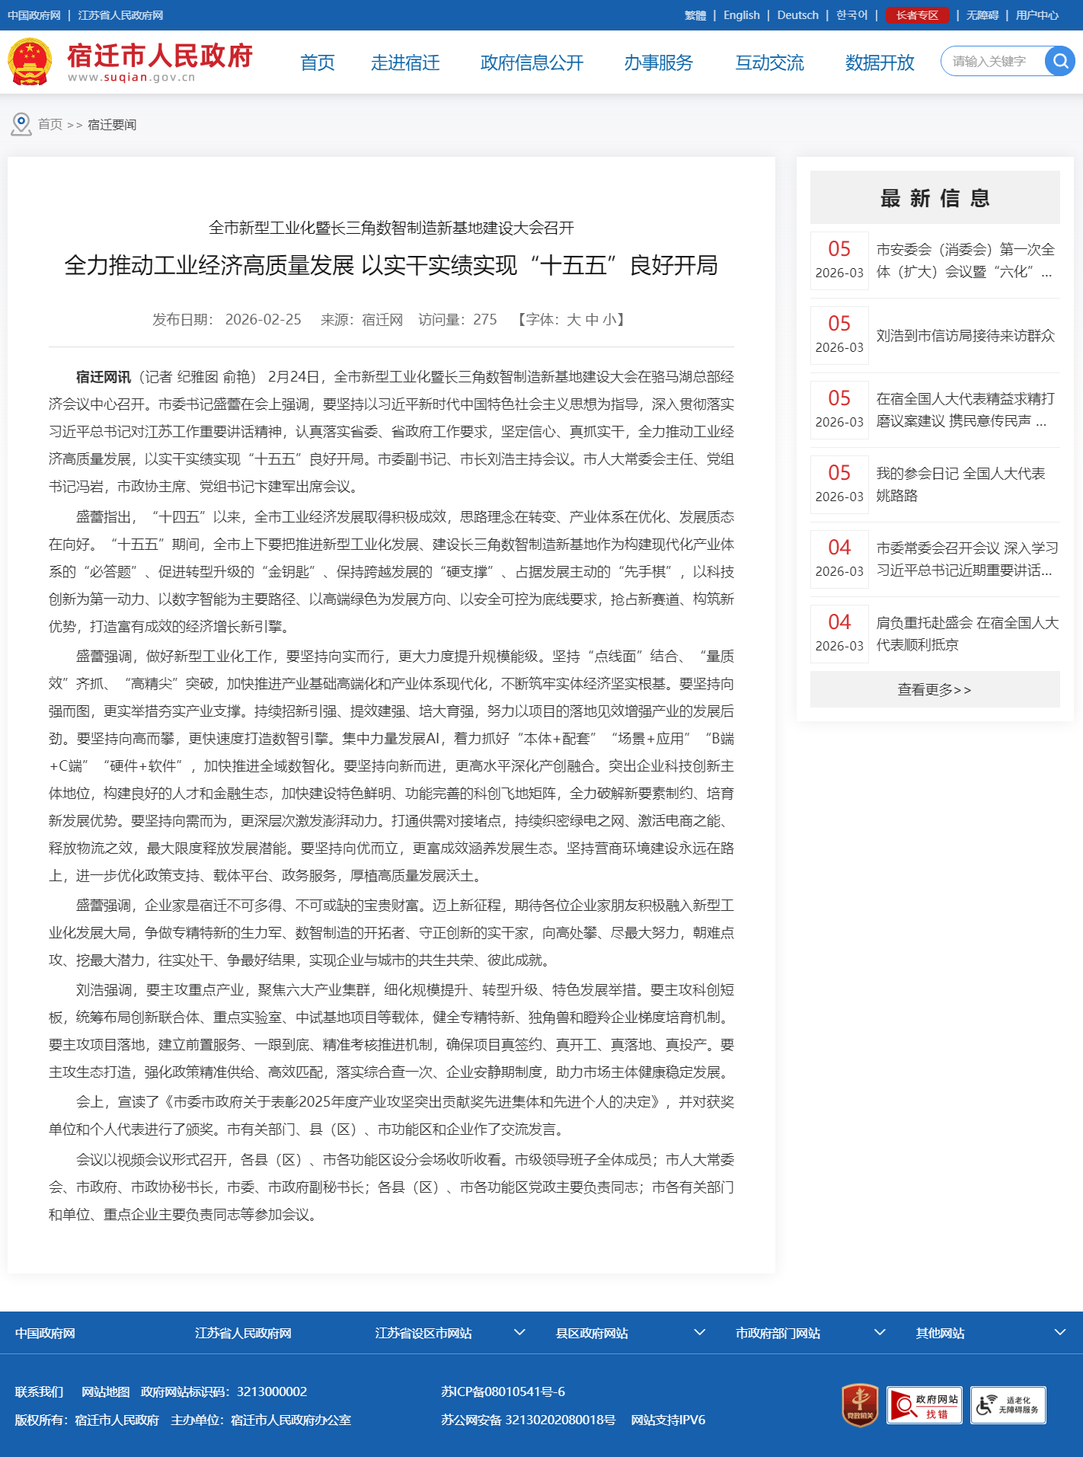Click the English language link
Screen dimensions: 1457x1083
click(741, 15)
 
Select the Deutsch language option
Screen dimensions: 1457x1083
click(797, 15)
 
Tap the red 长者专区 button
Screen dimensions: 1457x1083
click(917, 15)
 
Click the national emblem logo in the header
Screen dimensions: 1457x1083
click(30, 62)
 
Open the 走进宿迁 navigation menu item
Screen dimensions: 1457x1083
click(405, 62)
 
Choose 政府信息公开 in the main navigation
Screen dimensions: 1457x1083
click(532, 62)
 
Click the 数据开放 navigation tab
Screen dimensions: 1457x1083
click(880, 62)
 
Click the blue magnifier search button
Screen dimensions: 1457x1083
click(1059, 61)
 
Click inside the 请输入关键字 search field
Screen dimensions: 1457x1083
click(990, 61)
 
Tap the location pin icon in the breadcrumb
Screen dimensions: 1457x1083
click(21, 124)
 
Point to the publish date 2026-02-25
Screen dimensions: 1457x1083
click(263, 320)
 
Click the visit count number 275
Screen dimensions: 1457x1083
click(484, 320)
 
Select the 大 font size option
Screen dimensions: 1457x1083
click(573, 320)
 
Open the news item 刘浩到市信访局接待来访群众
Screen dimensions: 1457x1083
click(965, 336)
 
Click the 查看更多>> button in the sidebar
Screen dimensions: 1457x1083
click(934, 689)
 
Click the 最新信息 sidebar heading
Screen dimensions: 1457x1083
click(934, 198)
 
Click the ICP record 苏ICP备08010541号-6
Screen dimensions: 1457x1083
click(503, 1391)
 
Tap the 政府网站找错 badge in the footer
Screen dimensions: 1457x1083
click(925, 1405)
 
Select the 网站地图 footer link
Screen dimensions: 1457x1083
click(106, 1391)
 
